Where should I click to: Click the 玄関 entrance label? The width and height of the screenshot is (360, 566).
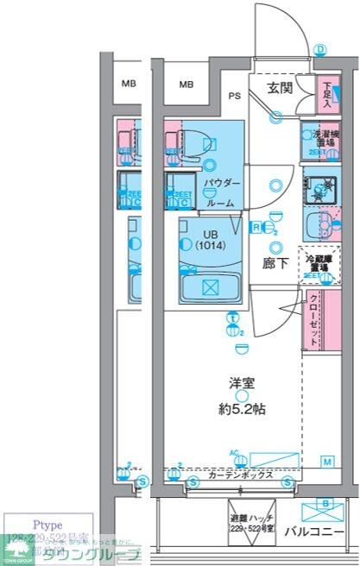278,89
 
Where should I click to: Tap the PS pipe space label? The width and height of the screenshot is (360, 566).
234,96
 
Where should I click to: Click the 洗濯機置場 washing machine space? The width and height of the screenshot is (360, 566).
319,139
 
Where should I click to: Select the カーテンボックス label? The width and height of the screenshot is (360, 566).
242,475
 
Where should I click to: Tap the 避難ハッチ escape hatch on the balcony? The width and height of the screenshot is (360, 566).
249,521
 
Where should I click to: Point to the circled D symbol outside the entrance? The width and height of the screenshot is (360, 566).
320,50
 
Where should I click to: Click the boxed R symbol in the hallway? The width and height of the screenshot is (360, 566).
256,227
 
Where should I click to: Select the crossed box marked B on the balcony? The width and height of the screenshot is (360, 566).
325,506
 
